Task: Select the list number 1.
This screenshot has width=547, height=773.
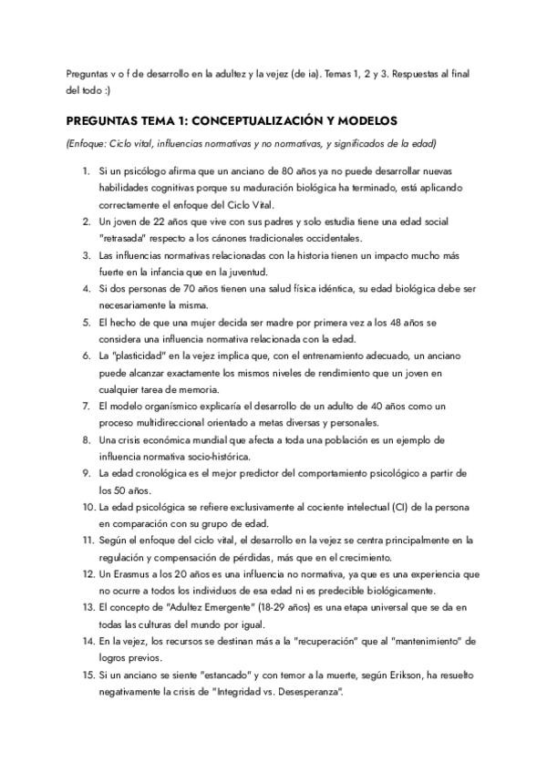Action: tap(86, 171)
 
